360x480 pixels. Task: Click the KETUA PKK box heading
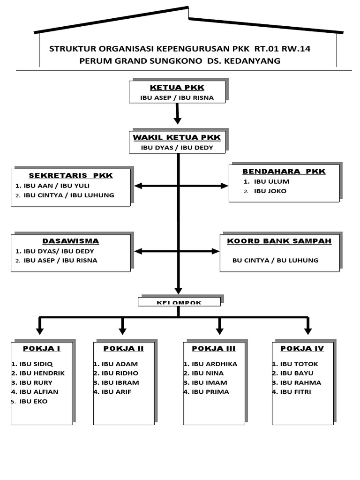[x=177, y=88]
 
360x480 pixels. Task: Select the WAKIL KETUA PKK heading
[x=177, y=137]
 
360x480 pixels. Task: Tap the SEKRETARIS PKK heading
[x=71, y=175]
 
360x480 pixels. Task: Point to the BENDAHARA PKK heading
[x=284, y=171]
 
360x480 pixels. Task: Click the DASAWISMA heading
[x=71, y=241]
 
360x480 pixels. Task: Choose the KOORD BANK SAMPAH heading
[x=279, y=241]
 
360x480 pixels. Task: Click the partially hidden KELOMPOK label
[x=179, y=302]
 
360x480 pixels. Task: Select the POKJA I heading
[x=42, y=348]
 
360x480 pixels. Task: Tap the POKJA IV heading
[x=302, y=348]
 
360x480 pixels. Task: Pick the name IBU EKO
[x=33, y=401]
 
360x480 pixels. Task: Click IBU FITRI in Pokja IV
[x=295, y=392]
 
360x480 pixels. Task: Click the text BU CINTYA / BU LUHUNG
[x=275, y=260]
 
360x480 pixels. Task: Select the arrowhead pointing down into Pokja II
[x=122, y=331]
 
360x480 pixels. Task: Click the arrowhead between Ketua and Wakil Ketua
[x=177, y=120]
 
